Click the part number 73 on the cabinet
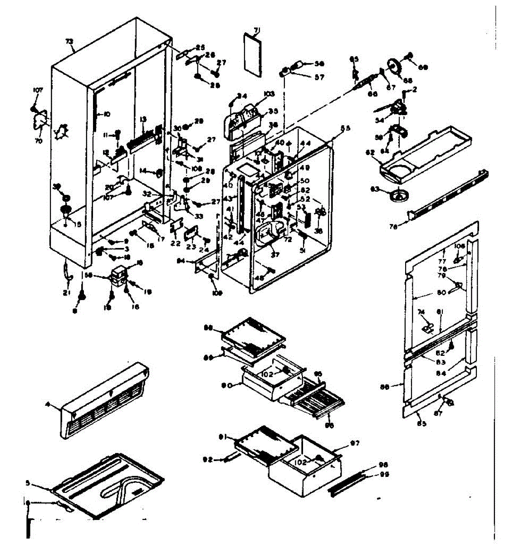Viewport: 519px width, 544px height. coord(69,42)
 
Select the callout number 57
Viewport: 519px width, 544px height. coord(320,77)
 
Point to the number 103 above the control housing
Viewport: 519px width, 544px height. coord(269,94)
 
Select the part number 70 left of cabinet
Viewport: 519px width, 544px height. coord(38,141)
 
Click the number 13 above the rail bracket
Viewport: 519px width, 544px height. coord(143,119)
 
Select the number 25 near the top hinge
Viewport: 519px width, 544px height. coord(200,48)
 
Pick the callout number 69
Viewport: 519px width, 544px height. coord(423,67)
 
